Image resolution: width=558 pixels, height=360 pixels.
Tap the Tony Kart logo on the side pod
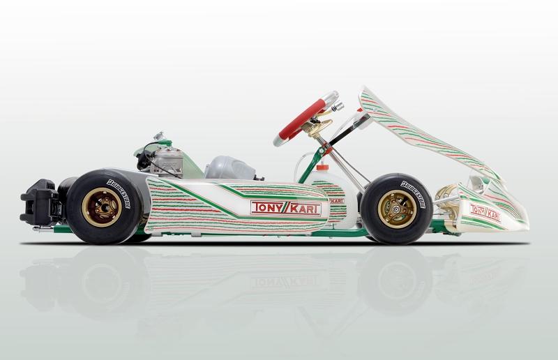[x=286, y=208]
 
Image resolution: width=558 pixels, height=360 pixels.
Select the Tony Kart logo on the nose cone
[x=485, y=213]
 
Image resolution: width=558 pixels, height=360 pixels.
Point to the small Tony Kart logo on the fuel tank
[x=336, y=201]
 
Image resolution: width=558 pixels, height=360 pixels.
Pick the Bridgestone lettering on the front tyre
[x=413, y=194]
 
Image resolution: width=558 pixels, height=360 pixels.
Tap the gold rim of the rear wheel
[x=103, y=207]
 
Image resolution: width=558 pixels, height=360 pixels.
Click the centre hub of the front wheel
[x=395, y=209]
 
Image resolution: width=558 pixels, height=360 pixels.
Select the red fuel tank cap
[x=322, y=167]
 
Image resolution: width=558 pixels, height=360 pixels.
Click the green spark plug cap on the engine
[x=165, y=143]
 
